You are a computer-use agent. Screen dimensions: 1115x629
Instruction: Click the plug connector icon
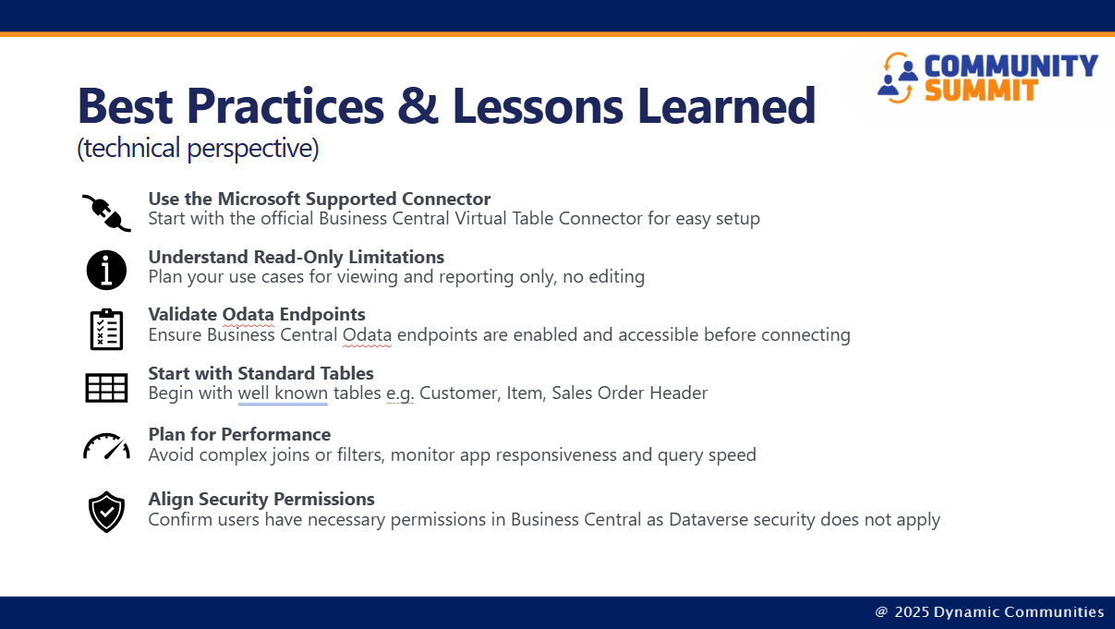[x=107, y=213]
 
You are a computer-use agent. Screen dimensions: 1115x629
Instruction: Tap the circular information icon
[x=106, y=271]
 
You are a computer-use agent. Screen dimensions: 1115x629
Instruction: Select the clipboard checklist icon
[x=106, y=330]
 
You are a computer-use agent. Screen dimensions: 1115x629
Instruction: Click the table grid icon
[x=106, y=388]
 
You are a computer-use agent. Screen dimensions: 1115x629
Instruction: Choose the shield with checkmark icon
[x=106, y=512]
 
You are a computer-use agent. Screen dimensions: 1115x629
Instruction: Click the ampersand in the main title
[x=418, y=106]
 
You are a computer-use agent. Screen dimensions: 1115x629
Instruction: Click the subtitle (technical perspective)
[x=198, y=149]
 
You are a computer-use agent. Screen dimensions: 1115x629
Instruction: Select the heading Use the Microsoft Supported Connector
[x=320, y=200]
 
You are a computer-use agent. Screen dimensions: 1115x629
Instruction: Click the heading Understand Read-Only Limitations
[x=297, y=258]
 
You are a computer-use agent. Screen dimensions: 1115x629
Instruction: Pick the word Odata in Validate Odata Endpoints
[x=248, y=314]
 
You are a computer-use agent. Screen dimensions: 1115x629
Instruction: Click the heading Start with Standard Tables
[x=261, y=373]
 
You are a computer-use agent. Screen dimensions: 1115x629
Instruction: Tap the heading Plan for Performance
[x=239, y=434]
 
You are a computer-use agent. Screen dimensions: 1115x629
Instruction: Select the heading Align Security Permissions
[x=261, y=499]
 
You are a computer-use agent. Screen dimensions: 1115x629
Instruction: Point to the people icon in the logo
[x=898, y=79]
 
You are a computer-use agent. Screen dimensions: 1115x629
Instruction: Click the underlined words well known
[x=283, y=393]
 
